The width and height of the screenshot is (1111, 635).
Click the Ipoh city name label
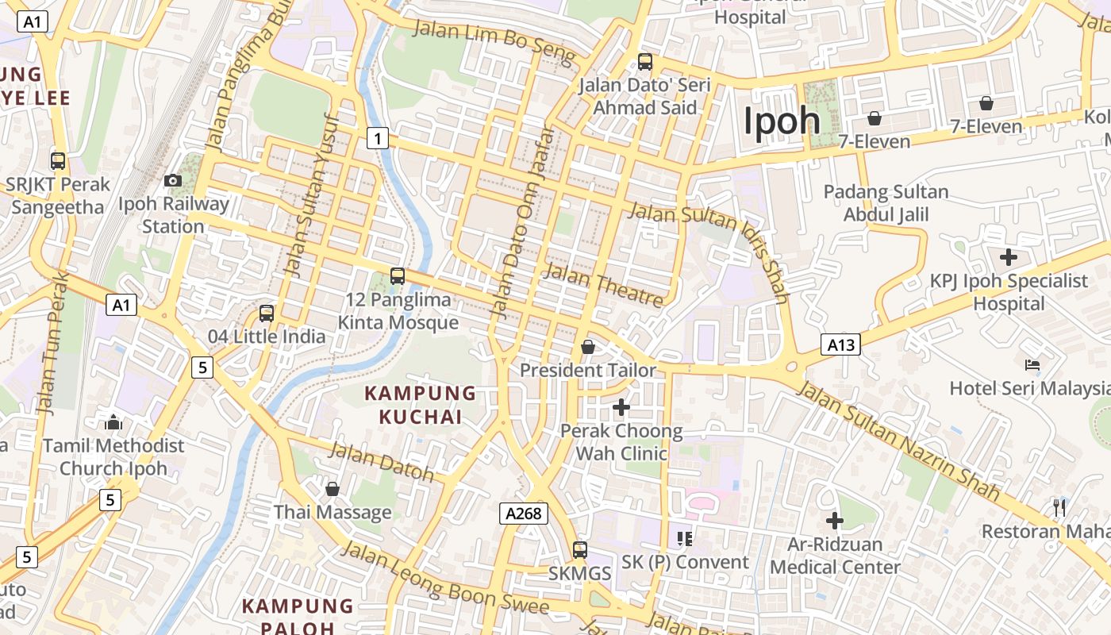tap(782, 121)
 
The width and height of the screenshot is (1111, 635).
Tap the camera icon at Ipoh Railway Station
tap(172, 181)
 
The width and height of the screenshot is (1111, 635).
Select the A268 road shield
tap(525, 514)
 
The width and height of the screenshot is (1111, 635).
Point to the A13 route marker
tap(840, 344)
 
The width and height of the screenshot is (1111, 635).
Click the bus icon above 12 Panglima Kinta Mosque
tap(398, 276)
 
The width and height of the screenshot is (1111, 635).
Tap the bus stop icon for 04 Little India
tap(267, 313)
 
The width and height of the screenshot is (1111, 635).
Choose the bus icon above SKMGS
tap(580, 549)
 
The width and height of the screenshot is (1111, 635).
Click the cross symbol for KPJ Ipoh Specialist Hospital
tap(1009, 257)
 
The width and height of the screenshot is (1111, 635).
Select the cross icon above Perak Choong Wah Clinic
tap(621, 408)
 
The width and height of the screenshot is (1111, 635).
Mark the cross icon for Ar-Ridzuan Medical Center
tap(835, 521)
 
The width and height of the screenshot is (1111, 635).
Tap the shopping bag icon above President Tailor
tap(588, 347)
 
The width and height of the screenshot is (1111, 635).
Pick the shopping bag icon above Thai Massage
tap(333, 489)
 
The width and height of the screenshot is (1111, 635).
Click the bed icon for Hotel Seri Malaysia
tap(1032, 365)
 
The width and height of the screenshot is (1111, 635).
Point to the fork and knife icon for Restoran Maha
tap(1059, 507)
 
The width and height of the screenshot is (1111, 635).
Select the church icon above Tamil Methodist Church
tap(113, 422)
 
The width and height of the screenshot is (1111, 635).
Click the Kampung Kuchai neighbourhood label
tap(420, 405)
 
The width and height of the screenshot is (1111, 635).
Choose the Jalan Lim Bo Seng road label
tap(494, 41)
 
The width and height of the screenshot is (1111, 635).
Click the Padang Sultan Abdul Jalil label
tap(886, 203)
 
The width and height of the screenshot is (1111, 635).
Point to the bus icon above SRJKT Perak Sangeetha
tap(58, 161)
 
